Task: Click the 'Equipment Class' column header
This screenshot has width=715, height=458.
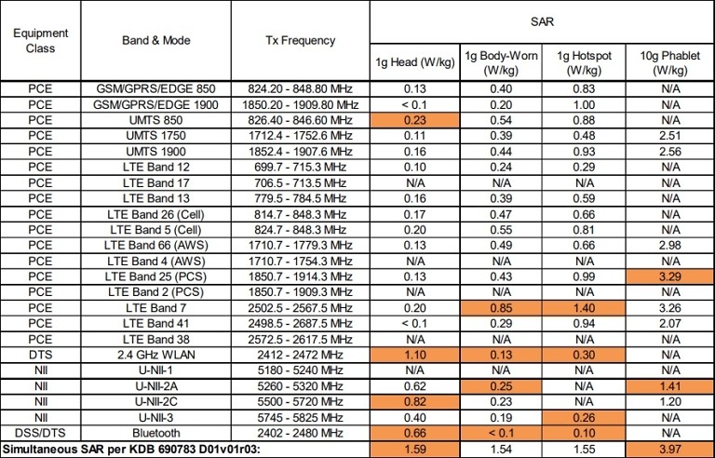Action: point(40,40)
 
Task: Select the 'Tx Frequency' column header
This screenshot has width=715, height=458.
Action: point(300,40)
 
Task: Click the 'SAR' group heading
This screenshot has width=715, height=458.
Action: point(542,20)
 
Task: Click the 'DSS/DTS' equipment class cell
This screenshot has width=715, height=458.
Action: point(40,435)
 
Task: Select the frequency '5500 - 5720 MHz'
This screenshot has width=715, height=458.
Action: point(300,402)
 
